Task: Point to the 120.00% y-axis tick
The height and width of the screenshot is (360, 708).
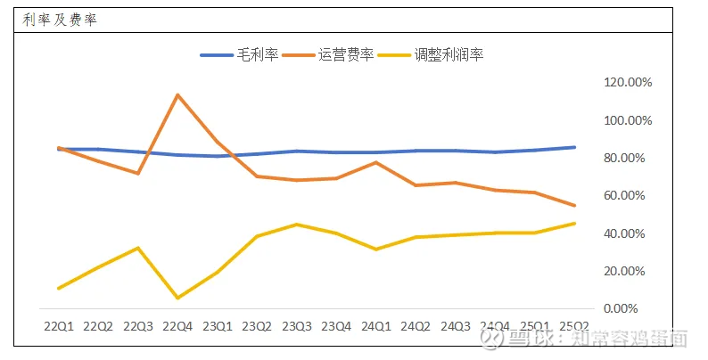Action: (x=629, y=82)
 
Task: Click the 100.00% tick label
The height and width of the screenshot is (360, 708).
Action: (x=629, y=120)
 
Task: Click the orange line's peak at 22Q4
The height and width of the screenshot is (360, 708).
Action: (x=177, y=94)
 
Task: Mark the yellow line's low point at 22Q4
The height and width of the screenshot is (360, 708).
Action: (x=177, y=298)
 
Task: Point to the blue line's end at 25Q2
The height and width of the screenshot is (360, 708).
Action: (x=574, y=147)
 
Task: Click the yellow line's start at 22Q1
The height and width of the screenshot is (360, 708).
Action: (x=59, y=288)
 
